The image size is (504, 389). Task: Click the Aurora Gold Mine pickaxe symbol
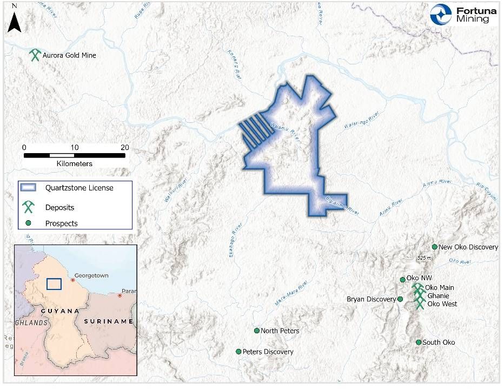point(36,55)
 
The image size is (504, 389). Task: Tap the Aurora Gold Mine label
point(69,55)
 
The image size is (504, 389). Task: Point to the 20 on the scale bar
point(124,147)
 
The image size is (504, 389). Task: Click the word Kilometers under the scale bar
point(74,163)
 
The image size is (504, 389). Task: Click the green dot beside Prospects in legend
point(28,223)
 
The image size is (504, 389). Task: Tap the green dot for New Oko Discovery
point(434,247)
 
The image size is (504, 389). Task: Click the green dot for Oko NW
point(402,280)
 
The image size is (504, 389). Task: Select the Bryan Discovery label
point(372,299)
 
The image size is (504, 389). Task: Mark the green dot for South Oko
point(419,342)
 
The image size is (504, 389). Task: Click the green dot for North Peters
point(256,331)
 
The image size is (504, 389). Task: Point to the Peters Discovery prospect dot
point(238,352)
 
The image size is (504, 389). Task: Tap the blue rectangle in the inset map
point(54,285)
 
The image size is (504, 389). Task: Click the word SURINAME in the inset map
point(108,321)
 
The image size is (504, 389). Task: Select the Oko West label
point(442,304)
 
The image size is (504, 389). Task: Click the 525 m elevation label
point(425,258)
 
